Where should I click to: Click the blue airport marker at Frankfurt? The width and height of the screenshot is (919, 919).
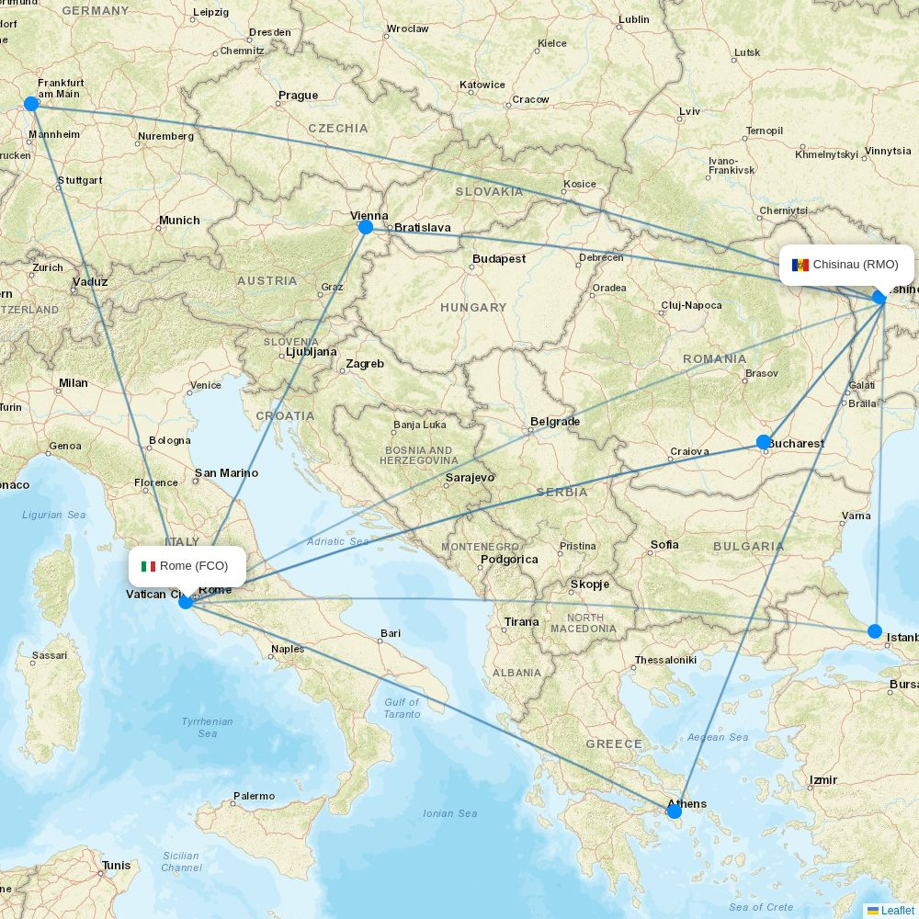click(x=31, y=104)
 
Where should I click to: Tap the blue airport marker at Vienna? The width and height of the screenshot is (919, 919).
click(x=366, y=227)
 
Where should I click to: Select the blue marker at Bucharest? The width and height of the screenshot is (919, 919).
click(x=764, y=442)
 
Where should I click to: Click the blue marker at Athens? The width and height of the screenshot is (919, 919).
click(x=675, y=811)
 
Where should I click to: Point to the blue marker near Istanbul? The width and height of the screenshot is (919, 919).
click(x=875, y=631)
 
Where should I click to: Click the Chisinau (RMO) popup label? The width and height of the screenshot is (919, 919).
click(x=846, y=265)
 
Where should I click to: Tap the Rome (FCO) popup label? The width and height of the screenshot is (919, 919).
click(x=187, y=566)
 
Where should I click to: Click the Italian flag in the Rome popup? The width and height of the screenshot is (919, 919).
click(x=148, y=566)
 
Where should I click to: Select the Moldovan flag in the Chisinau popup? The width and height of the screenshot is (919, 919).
click(x=800, y=265)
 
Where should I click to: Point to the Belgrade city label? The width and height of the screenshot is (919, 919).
click(x=555, y=422)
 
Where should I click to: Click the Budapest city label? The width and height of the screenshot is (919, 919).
click(x=499, y=259)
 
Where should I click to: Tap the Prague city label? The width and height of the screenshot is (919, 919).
click(x=298, y=96)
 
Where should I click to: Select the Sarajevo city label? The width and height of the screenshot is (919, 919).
click(x=470, y=478)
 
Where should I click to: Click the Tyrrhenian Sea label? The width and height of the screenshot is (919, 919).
click(x=208, y=727)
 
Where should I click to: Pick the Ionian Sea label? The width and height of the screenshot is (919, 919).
click(x=450, y=813)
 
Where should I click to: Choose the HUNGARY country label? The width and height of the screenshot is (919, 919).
click(x=473, y=308)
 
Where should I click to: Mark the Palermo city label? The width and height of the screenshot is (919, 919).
click(x=254, y=796)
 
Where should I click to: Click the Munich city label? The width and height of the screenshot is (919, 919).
click(x=179, y=221)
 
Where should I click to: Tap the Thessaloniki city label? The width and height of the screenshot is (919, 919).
click(x=665, y=660)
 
